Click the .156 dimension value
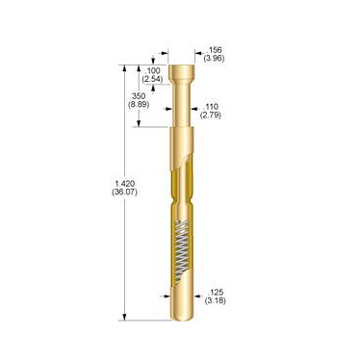point(215,50)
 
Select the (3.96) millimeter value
point(214,58)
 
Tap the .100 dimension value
point(152,71)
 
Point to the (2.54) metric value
point(152,79)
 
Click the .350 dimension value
point(138,96)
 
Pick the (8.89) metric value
point(139,104)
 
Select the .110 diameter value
point(211,107)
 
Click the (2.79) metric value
point(211,115)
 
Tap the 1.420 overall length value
point(125,184)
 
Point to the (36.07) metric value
point(124,193)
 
